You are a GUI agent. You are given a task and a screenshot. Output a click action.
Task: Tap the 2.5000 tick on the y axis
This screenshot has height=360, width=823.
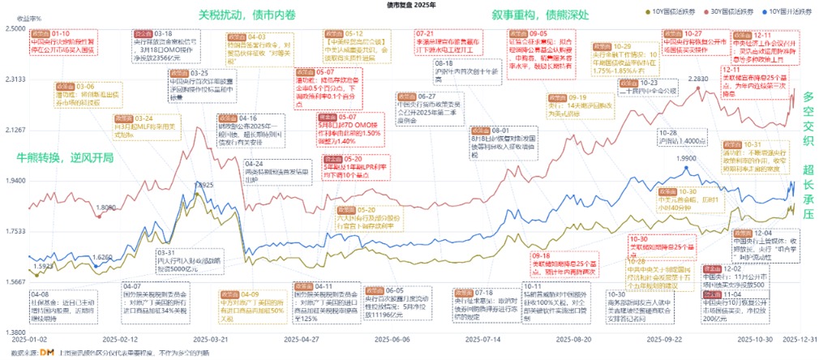coord(15,28)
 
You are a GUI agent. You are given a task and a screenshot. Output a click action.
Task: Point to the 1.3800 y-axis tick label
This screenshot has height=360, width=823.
coord(15,333)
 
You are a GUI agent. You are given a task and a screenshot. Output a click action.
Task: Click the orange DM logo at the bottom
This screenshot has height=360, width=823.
coord(47,352)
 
